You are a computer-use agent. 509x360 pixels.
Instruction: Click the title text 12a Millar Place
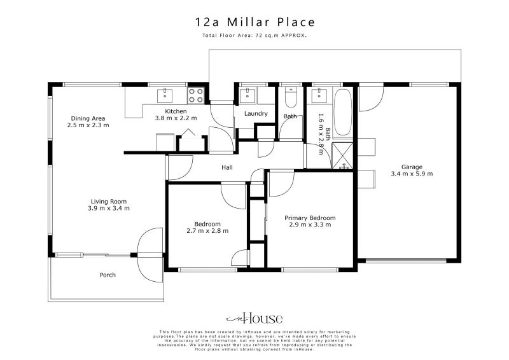pyautogui.click(x=254, y=22)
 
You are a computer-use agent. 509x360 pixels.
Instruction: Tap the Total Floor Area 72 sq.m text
pyautogui.click(x=254, y=36)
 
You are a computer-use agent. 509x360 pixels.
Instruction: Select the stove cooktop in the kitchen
pyautogui.click(x=195, y=95)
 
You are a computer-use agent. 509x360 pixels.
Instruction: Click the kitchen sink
pyautogui.click(x=165, y=95)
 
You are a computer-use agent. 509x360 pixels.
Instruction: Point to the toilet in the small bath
pyautogui.click(x=291, y=97)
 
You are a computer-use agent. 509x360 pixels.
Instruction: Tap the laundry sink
pyautogui.click(x=247, y=95)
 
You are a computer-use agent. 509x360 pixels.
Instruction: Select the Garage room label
pyautogui.click(x=412, y=166)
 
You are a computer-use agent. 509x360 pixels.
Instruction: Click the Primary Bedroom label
pyautogui.click(x=310, y=218)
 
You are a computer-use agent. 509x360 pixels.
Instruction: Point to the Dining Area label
pyautogui.click(x=88, y=118)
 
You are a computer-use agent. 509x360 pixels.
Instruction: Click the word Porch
pyautogui.click(x=108, y=275)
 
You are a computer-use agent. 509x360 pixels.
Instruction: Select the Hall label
pyautogui.click(x=227, y=168)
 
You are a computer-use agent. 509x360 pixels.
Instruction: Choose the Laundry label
pyautogui.click(x=256, y=114)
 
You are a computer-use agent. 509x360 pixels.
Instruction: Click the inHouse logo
pyautogui.click(x=254, y=319)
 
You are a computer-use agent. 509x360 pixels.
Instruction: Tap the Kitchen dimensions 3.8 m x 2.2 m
pyautogui.click(x=176, y=118)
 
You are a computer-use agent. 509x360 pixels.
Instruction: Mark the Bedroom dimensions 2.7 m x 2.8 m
pyautogui.click(x=207, y=230)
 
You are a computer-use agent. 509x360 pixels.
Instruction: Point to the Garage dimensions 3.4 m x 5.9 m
pyautogui.click(x=412, y=173)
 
